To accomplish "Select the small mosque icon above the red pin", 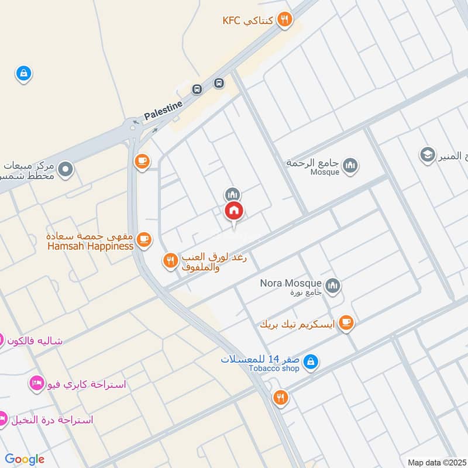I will point(232,194).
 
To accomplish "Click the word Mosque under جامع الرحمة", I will point(325,172).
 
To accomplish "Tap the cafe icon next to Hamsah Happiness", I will point(144,239).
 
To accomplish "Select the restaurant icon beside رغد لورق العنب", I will point(170,260).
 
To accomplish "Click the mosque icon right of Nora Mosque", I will point(333,285).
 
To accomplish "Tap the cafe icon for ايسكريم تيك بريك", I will point(346,323).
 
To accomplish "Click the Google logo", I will point(25,459).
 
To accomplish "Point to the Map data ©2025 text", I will point(436,462).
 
